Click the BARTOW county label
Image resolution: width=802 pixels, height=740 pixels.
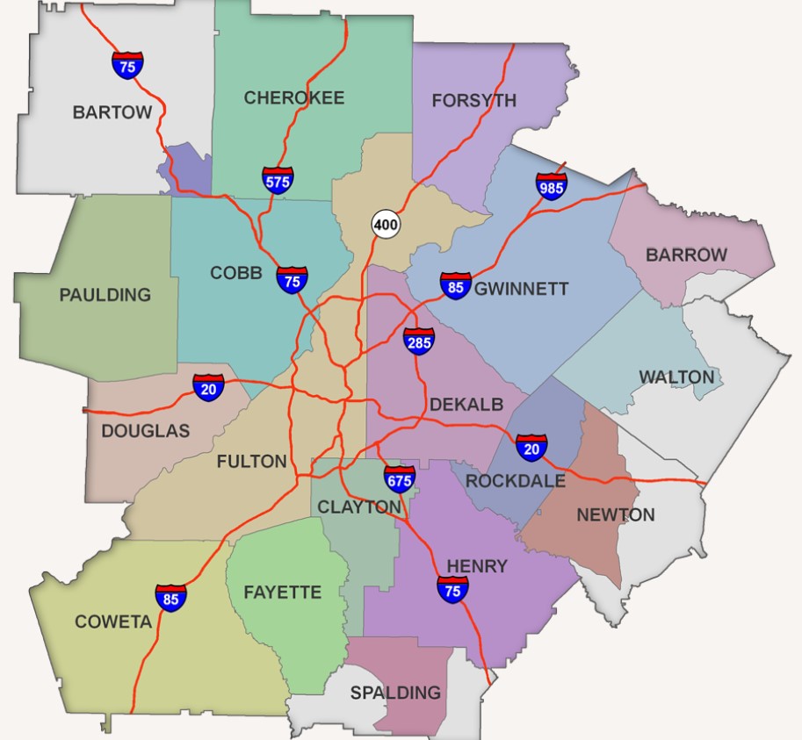(x=112, y=112)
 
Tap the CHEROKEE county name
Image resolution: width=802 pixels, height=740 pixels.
(x=293, y=97)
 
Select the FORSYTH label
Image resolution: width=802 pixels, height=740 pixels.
(x=473, y=101)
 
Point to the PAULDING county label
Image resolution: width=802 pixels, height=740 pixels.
(x=105, y=295)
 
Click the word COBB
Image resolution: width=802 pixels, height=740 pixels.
(x=235, y=273)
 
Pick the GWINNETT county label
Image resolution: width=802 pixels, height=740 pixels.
(x=521, y=289)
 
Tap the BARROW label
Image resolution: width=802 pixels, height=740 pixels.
(x=686, y=255)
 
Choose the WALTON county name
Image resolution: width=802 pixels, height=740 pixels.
(x=676, y=377)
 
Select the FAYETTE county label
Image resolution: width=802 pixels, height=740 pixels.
(x=282, y=593)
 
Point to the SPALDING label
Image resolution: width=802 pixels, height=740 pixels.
(x=395, y=693)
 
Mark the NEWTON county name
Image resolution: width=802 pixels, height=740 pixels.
(x=615, y=514)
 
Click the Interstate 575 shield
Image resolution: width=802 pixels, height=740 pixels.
(x=278, y=180)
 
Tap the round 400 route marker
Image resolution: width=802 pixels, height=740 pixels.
(x=385, y=224)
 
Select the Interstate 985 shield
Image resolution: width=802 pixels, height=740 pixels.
(x=552, y=186)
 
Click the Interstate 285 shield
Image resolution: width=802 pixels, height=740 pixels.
(x=419, y=341)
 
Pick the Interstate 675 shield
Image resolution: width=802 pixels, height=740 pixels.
(x=399, y=479)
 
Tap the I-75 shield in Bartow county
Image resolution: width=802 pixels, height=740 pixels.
(x=127, y=65)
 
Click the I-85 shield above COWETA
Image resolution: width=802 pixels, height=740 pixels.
(x=171, y=598)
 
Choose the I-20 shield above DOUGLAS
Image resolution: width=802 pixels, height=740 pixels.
(x=208, y=386)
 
